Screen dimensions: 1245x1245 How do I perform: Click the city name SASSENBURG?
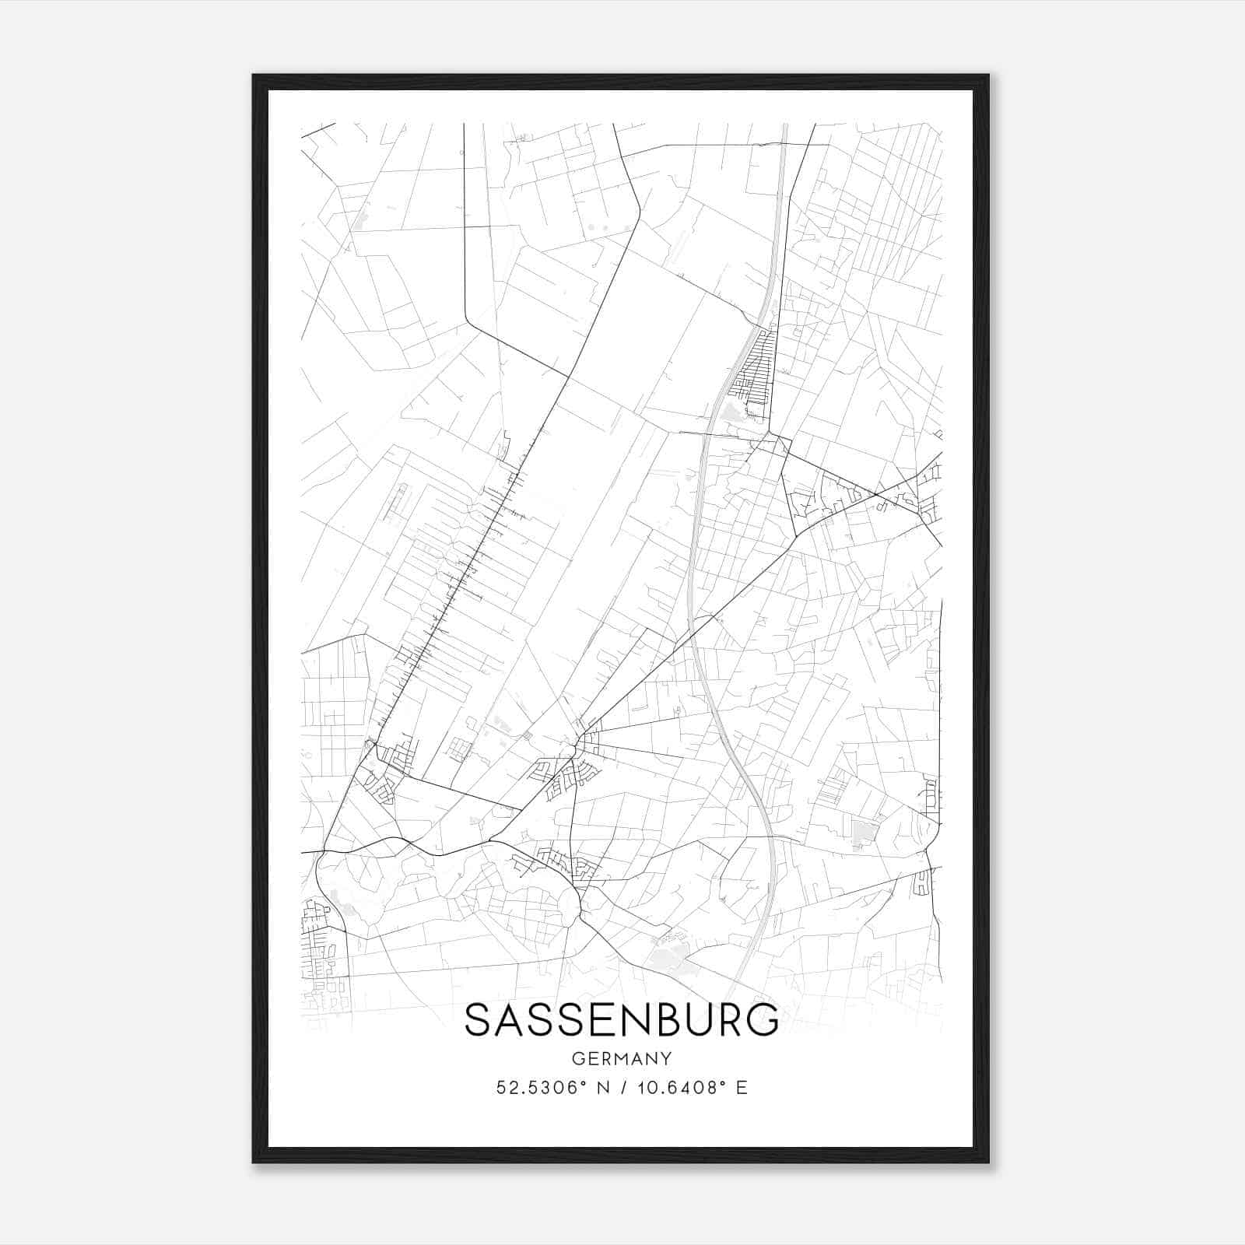click(x=621, y=1020)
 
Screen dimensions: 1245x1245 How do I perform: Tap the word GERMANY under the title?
click(x=621, y=1058)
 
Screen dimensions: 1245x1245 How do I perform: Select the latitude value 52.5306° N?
click(x=543, y=1088)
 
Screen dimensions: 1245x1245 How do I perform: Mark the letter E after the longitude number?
click(x=742, y=1088)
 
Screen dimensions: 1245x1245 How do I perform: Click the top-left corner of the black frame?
click(x=254, y=76)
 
